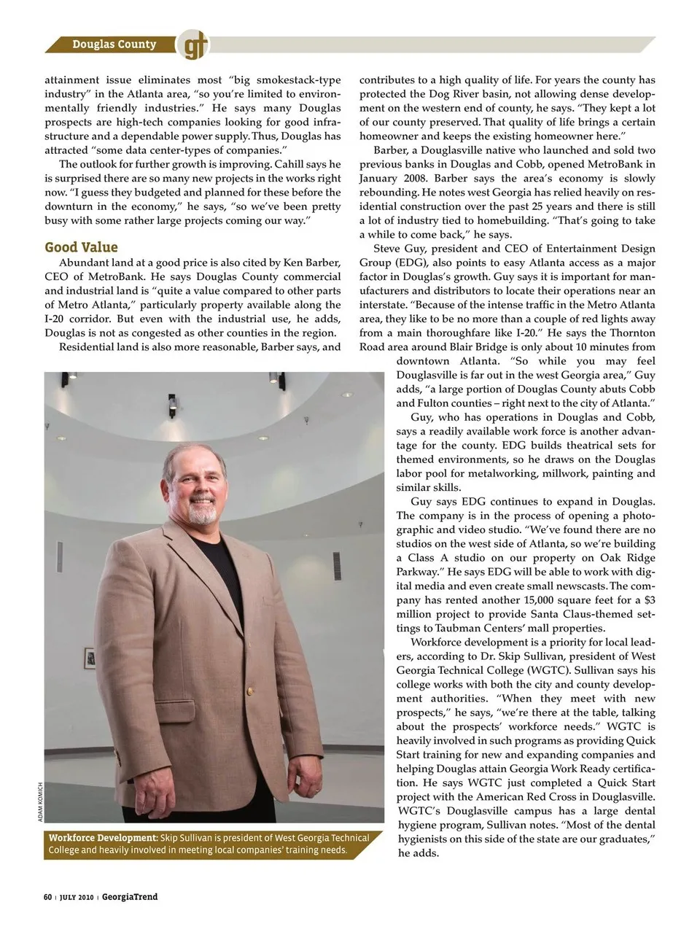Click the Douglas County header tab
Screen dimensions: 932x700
tap(114, 44)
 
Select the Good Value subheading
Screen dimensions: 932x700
tap(81, 246)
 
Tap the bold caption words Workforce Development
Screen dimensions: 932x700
tap(102, 838)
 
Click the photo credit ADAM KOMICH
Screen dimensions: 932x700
tap(41, 802)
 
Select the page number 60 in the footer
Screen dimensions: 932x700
tap(47, 897)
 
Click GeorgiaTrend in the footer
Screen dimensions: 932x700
tap(130, 897)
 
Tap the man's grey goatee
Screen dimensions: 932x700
tap(205, 513)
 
